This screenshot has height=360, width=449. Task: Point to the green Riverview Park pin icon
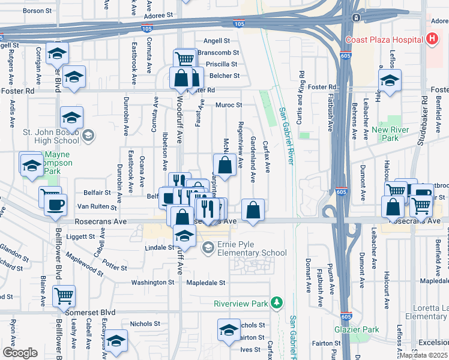(276, 303)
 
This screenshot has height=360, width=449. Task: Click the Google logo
(20, 353)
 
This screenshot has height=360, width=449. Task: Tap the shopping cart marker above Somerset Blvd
(64, 295)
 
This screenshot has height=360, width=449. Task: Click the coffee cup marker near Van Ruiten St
(56, 205)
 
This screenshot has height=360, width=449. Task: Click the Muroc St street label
(229, 105)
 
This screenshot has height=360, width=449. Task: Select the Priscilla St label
(222, 64)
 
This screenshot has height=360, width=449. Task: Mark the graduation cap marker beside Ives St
(229, 331)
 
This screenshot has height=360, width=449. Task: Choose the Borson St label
(38, 11)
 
